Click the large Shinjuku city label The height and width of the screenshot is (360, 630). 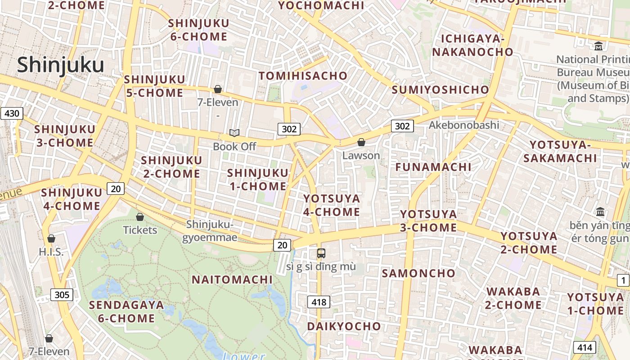tap(60, 65)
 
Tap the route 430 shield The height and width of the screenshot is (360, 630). tap(11, 113)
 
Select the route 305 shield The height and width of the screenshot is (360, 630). tap(62, 295)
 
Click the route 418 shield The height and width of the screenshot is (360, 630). tap(319, 302)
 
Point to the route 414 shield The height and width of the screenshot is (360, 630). tap(585, 347)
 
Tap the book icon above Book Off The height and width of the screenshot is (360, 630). tap(234, 133)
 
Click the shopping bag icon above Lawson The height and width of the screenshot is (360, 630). tap(361, 143)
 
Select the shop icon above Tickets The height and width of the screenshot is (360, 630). tap(140, 217)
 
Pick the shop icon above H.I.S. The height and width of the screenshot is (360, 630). tap(51, 238)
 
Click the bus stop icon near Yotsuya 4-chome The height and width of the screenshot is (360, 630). tap(321, 253)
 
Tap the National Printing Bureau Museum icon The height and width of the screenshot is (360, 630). tap(598, 46)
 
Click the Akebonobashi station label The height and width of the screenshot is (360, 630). tap(464, 125)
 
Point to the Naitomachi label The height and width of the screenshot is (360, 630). tap(232, 279)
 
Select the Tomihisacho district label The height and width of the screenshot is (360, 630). tap(303, 76)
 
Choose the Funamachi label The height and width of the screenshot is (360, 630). tap(433, 167)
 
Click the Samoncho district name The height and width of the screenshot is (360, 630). tap(418, 273)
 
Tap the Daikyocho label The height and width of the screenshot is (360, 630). tap(344, 326)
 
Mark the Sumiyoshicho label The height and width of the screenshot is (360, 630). tap(440, 90)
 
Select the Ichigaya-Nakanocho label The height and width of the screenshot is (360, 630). tap(472, 45)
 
